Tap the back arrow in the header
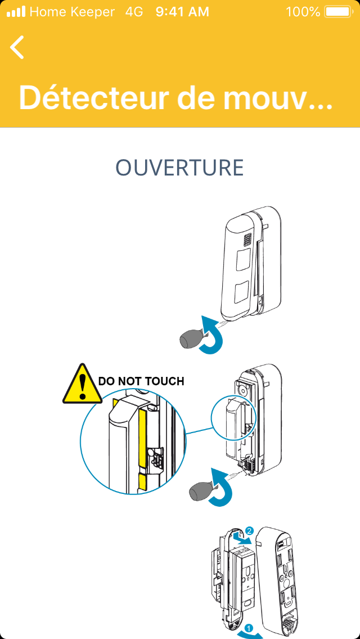17,47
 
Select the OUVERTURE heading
179,168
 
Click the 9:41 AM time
182,11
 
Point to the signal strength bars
16,11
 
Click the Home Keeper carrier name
72,11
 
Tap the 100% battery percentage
303,11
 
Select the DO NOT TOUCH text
141,381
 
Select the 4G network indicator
134,11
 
